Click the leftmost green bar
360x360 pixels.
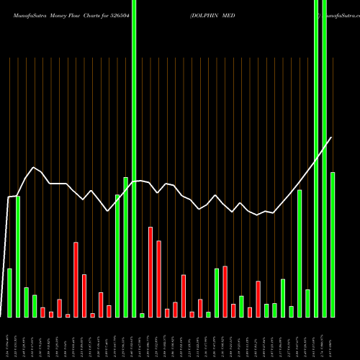pyautogui.click(x=10, y=292)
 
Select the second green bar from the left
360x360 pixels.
pyautogui.click(x=18, y=256)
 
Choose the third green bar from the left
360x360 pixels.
pyautogui.click(x=27, y=302)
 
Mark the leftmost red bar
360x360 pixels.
pyautogui.click(x=42, y=312)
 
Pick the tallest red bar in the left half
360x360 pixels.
pyautogui.click(x=76, y=279)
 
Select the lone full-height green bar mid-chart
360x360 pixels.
pyautogui.click(x=134, y=158)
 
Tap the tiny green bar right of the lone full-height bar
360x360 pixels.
pyautogui.click(x=142, y=315)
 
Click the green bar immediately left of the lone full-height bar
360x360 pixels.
pyautogui.click(x=126, y=247)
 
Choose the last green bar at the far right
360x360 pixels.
pyautogui.click(x=333, y=245)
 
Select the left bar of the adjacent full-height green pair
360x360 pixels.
pyautogui.click(x=316, y=158)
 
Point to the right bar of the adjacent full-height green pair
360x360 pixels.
pyautogui.click(x=325, y=158)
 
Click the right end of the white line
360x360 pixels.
pyautogui.click(x=331, y=138)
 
